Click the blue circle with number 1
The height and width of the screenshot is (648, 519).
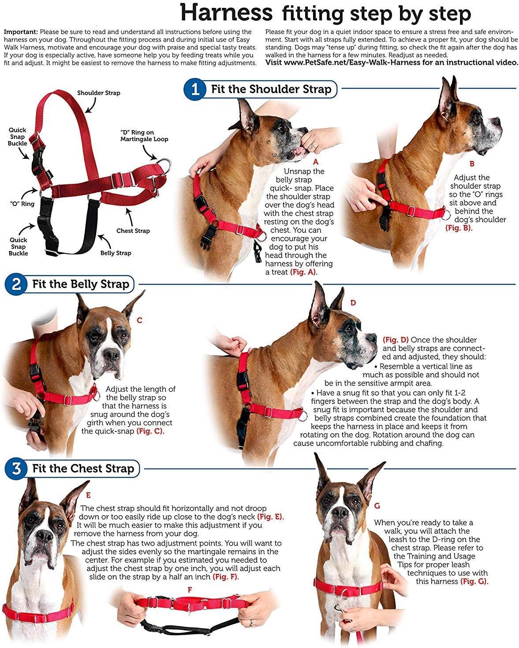point(195,89)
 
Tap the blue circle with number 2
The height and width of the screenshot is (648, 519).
point(16,284)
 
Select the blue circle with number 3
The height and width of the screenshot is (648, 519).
point(16,468)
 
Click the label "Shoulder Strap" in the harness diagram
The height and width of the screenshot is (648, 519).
point(98,93)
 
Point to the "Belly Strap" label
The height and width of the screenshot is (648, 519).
point(116,253)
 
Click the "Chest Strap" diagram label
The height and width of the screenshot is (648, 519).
point(133,231)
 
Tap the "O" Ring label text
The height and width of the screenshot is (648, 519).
point(22,203)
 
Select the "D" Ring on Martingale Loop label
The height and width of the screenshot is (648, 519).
point(144,136)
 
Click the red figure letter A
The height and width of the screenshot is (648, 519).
point(315,162)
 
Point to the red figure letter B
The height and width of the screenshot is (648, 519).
point(472,164)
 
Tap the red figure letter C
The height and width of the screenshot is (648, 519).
point(139,320)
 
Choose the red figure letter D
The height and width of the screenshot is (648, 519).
point(353,303)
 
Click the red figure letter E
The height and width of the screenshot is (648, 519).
point(88,495)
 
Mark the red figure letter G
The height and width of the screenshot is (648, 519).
point(377,506)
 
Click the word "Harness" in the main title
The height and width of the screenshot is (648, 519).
point(226,13)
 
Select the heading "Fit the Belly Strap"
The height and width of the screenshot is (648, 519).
point(81,284)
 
